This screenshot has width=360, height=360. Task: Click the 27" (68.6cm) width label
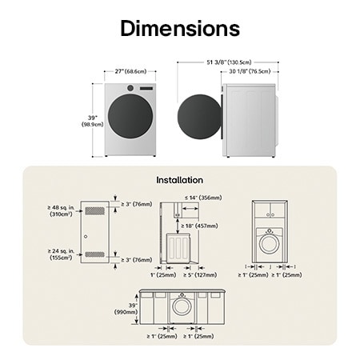(130, 71)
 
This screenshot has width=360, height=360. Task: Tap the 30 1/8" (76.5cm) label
(249, 71)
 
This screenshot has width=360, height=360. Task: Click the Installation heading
(179, 180)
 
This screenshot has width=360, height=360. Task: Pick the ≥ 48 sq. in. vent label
(61, 210)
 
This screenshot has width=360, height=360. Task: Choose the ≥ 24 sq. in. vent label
(61, 254)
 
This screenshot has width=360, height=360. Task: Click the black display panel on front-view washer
(146, 88)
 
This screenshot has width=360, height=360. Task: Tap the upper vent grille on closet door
(94, 210)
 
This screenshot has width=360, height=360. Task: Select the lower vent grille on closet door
(94, 254)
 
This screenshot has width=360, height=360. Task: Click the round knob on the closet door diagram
(84, 237)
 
